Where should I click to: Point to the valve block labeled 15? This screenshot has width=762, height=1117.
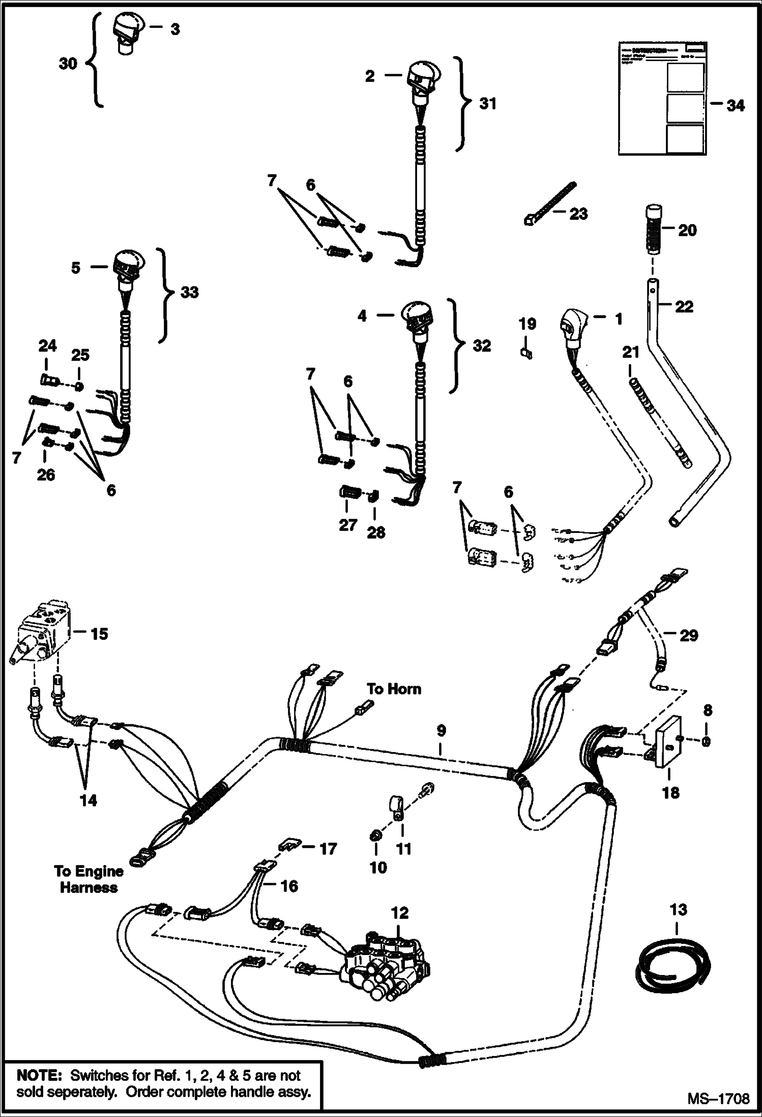(43, 632)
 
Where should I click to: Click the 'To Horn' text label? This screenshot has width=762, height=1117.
(394, 689)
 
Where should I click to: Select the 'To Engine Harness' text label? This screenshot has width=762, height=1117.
(89, 879)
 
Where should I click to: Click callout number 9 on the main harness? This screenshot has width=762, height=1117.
(441, 731)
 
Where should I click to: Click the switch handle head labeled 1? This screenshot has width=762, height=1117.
(573, 326)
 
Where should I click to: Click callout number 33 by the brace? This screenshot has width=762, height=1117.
(189, 292)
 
